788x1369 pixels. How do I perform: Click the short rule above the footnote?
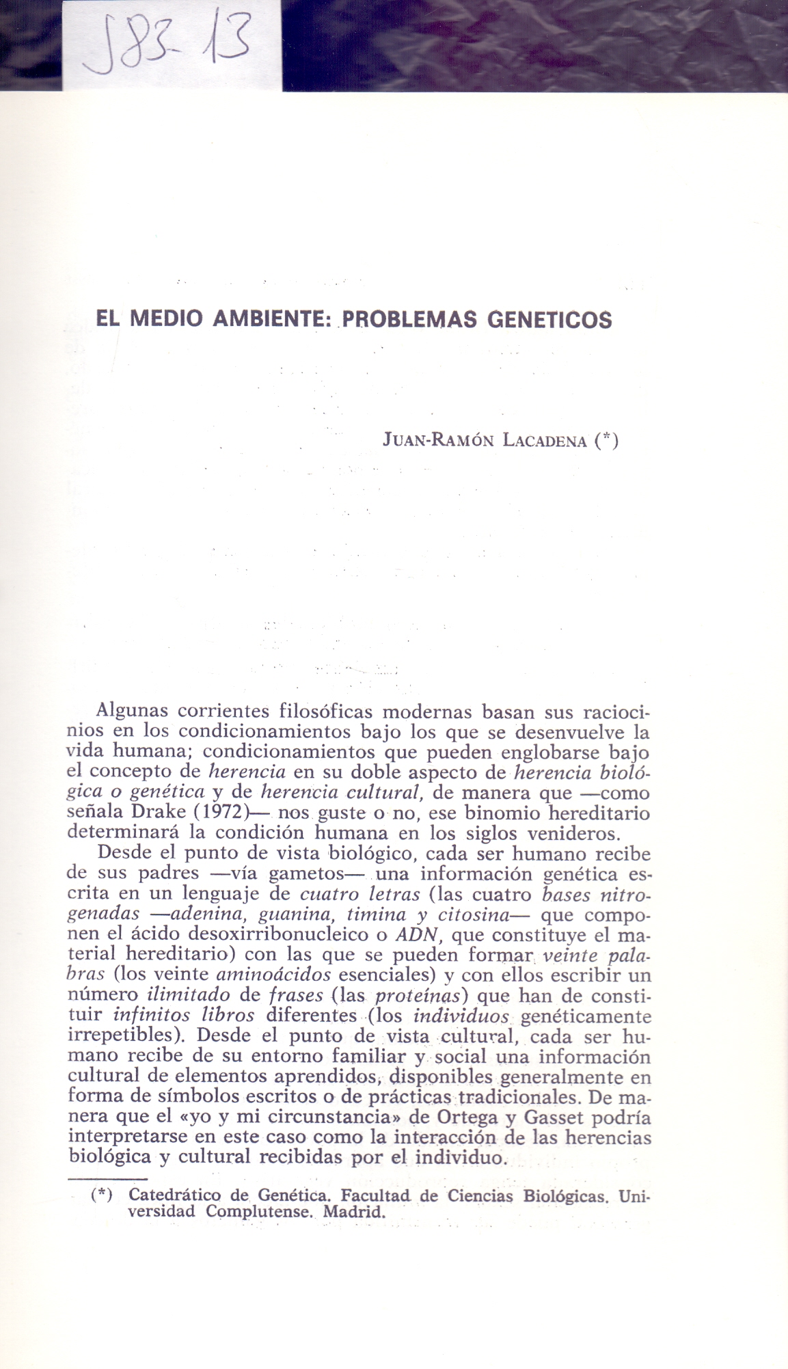pyautogui.click(x=107, y=1178)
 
